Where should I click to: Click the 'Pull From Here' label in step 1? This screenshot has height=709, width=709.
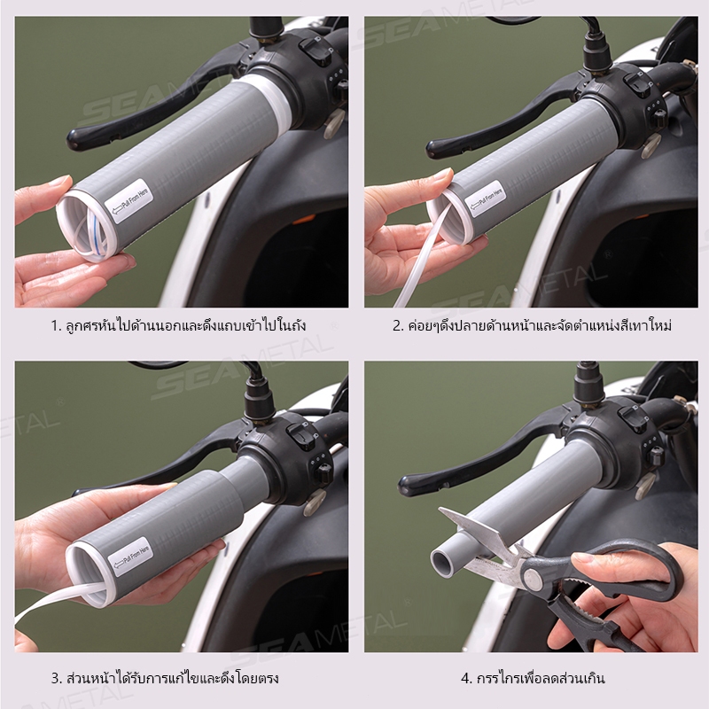129,201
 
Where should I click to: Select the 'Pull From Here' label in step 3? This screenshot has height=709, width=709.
129,557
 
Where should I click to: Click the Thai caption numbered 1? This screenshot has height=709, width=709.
178,325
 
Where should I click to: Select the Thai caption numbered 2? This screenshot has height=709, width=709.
532,325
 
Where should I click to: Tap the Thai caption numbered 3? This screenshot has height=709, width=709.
165,678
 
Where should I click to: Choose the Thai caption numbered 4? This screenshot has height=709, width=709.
533,678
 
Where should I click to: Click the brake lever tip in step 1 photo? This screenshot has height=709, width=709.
75,139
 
